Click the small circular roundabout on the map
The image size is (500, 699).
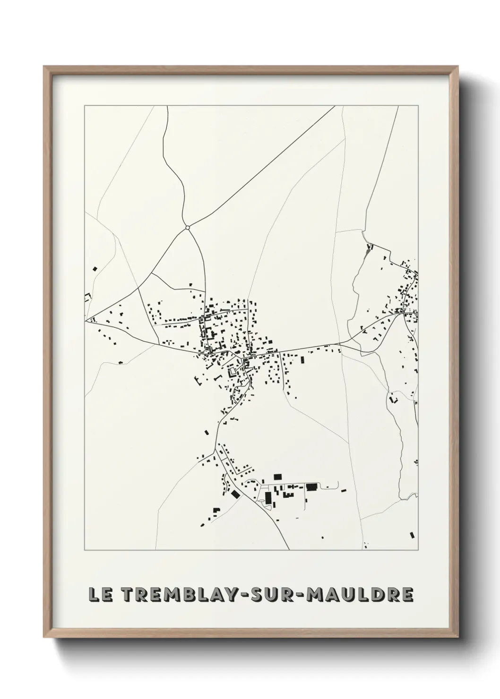click(x=188, y=228)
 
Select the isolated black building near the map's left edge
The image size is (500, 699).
click(x=95, y=269)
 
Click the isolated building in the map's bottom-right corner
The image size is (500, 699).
click(x=412, y=535)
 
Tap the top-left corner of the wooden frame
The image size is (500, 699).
click(x=44, y=67)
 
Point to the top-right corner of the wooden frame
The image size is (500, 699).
click(x=458, y=67)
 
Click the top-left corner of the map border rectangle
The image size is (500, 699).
click(x=85, y=106)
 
